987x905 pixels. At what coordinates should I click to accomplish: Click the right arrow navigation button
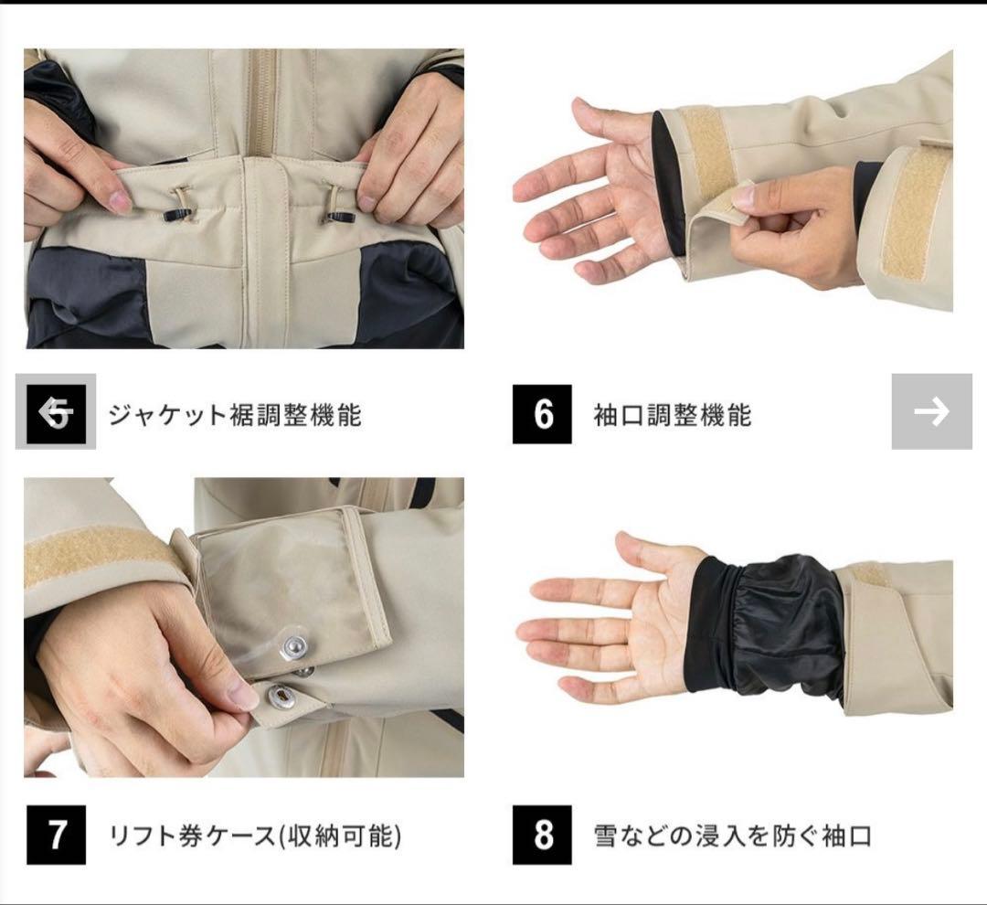[931, 411]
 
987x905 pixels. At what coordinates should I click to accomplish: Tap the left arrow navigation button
[56, 412]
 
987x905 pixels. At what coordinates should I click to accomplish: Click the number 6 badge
[542, 414]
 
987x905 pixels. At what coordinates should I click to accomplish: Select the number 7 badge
[56, 835]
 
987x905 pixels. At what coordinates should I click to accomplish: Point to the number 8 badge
[542, 835]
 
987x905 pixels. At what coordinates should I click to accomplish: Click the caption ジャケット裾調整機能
[235, 415]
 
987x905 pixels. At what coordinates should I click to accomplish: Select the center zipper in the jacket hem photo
[263, 101]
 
